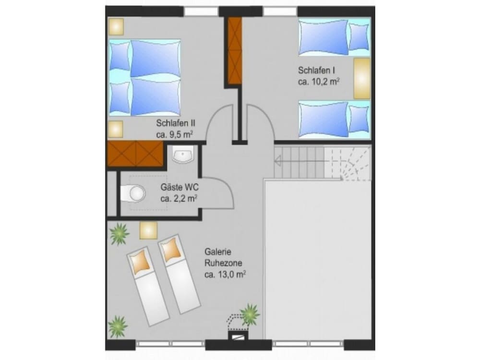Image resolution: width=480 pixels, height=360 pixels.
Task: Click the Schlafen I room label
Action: tap(316, 71)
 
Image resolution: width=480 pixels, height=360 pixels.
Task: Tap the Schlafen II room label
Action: tap(175, 123)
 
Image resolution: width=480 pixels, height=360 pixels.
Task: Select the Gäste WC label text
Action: tap(180, 187)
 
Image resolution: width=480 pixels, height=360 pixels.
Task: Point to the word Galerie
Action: tap(217, 252)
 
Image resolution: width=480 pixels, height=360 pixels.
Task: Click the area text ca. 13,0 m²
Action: tap(225, 275)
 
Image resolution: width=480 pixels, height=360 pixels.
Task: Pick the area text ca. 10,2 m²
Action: tap(319, 82)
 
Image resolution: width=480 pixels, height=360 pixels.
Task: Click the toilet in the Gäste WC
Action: tap(132, 193)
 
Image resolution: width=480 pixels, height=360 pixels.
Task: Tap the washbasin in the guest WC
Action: tap(183, 154)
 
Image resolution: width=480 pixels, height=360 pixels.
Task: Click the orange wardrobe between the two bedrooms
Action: tap(235, 51)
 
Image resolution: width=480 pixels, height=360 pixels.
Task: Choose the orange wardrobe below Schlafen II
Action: tap(135, 154)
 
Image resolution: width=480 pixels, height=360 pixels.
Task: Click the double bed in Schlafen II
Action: tap(145, 77)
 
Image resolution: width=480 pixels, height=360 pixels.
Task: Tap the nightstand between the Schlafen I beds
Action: tap(362, 78)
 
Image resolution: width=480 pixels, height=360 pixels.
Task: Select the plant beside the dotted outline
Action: tap(250, 314)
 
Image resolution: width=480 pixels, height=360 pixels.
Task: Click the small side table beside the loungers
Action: tap(148, 230)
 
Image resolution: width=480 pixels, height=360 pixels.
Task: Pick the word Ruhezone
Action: tap(223, 263)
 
